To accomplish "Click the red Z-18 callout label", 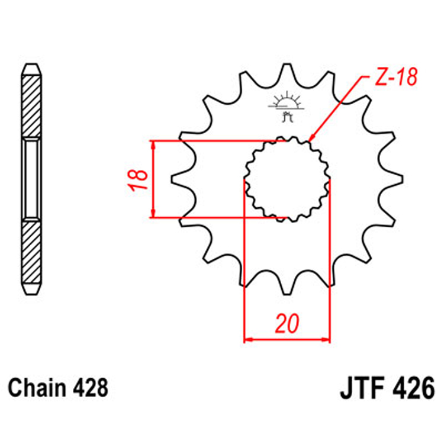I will click(397, 77).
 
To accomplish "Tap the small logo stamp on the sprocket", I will click(287, 107).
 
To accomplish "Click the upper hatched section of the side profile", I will click(32, 107).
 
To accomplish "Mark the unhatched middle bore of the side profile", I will click(32, 179).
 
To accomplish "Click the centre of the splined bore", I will click(287, 179).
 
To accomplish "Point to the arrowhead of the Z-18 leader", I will click(311, 140).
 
